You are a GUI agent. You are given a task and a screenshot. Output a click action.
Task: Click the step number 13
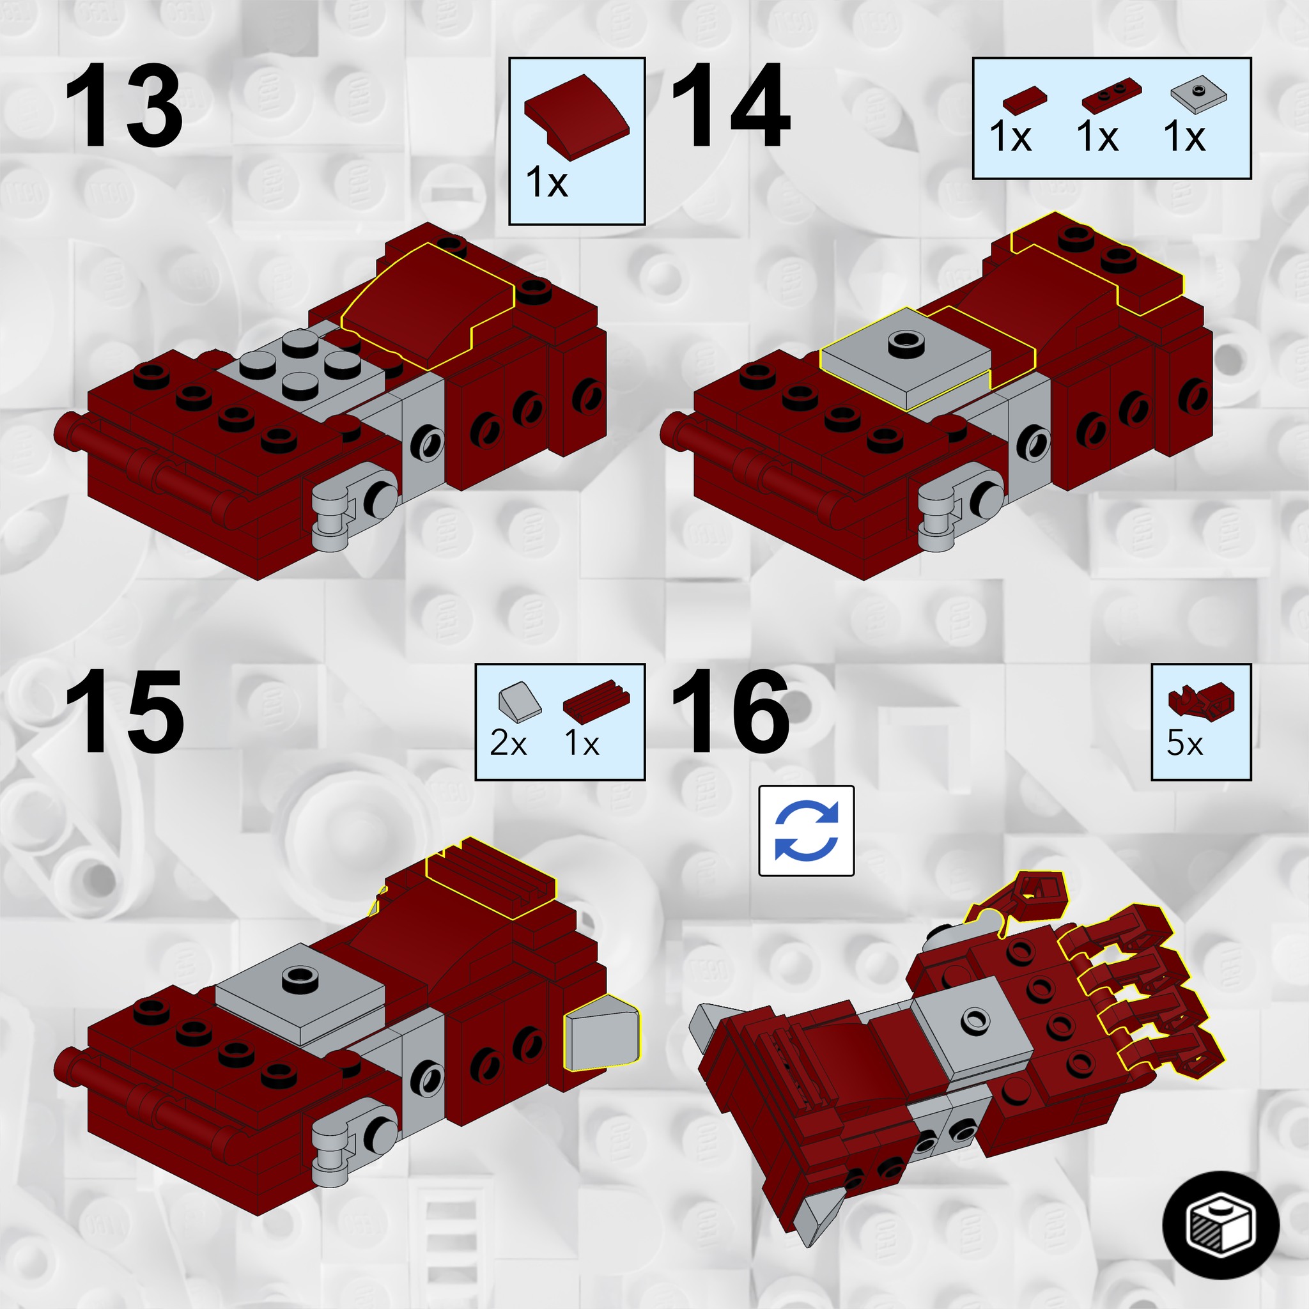(x=123, y=105)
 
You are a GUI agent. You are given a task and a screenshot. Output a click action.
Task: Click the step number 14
(x=731, y=105)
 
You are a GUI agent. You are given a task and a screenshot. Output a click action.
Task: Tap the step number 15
(x=123, y=711)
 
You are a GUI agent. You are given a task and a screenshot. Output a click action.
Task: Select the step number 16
(x=731, y=711)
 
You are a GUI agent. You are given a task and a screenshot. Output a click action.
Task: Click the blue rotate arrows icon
(x=806, y=831)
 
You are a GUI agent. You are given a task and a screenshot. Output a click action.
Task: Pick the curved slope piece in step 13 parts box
(x=577, y=117)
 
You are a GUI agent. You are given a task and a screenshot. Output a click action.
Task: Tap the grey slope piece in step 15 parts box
(x=520, y=699)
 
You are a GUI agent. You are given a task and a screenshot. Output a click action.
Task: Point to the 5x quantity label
(x=1184, y=744)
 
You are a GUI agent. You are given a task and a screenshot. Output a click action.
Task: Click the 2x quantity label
(x=508, y=744)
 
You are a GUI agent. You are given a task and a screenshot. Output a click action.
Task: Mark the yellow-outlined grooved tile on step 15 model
(x=492, y=878)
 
